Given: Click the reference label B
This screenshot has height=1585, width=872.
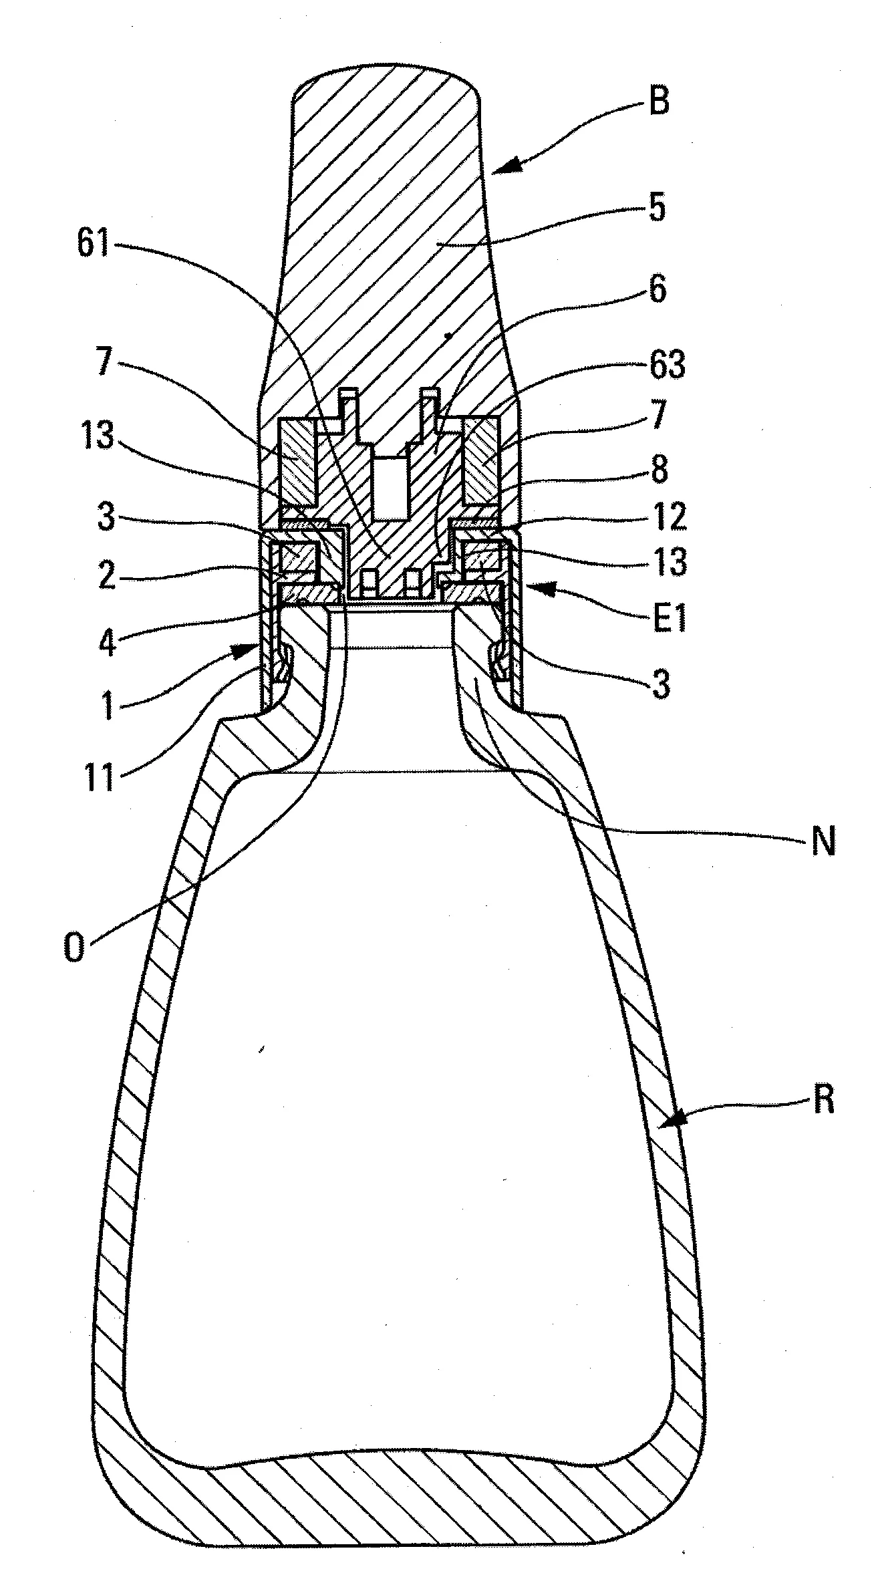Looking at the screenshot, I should (x=659, y=104).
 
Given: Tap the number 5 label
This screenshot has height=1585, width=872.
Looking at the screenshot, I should (x=658, y=208).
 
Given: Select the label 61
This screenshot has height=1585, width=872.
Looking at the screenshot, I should (x=93, y=243).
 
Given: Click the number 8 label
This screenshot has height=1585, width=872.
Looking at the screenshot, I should (x=660, y=470).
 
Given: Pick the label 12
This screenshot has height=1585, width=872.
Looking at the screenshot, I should (x=668, y=516).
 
